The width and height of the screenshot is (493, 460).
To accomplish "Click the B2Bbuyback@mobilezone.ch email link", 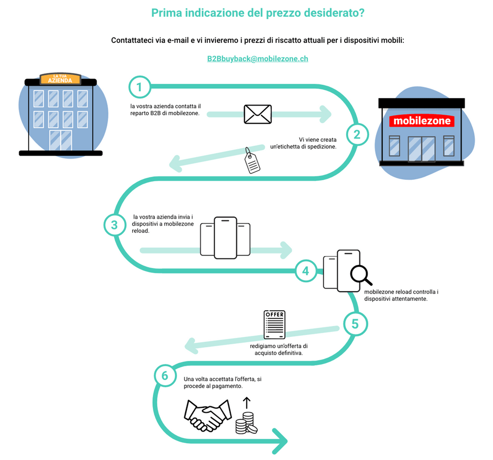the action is pos(257,59).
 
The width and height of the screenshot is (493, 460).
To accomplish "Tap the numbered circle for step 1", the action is pos(140,87).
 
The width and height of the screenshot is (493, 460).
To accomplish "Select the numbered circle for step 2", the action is pos(357,135).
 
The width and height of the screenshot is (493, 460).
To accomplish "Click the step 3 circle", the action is pos(115,225).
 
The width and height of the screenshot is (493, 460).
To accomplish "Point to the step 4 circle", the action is pos(306,271).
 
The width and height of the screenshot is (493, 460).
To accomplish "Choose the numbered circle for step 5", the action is pos(355,324).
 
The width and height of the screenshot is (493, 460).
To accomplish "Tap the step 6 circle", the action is pos(165,376).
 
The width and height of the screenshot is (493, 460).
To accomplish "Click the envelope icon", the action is pos(257,114).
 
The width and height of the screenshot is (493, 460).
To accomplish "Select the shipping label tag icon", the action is pos(252,161).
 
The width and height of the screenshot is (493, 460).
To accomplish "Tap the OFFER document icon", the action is pos(275,325).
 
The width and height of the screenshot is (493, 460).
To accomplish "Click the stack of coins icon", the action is pos(246,423).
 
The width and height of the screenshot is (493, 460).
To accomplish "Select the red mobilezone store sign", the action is pos(422,121).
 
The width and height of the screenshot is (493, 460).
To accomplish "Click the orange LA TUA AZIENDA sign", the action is pos(60,78).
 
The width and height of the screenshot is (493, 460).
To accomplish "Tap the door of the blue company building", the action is pos(61,140).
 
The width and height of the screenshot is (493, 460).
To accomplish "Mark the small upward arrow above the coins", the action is pos(247,403).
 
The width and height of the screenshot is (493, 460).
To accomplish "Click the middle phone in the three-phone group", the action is pos(225,238).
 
